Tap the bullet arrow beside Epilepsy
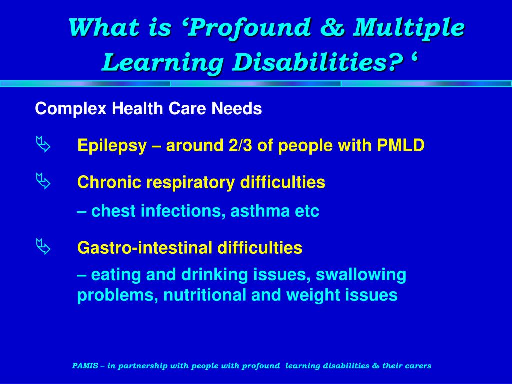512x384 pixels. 43,146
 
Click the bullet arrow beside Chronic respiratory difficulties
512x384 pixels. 43,182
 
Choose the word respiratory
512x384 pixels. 190,183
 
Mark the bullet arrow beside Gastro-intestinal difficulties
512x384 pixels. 43,247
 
